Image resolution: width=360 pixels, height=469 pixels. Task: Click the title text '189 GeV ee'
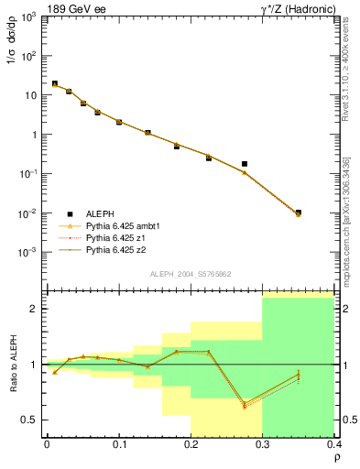pyautogui.click(x=72, y=8)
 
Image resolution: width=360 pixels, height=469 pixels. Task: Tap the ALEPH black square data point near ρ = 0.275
pyautogui.click(x=245, y=164)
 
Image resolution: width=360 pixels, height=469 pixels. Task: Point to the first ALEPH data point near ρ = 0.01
pyautogui.click(x=54, y=83)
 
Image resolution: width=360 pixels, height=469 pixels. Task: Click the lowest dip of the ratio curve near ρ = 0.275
pyautogui.click(x=245, y=405)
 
